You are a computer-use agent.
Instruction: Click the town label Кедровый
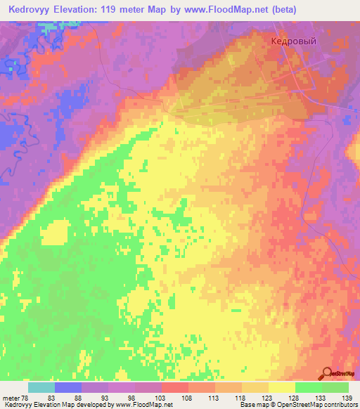coord(294,41)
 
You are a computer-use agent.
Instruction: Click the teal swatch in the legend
coord(41,387)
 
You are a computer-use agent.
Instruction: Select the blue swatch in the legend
coord(68,387)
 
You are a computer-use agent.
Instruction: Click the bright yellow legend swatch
coord(281,387)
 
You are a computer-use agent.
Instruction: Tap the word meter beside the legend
coord(11,398)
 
